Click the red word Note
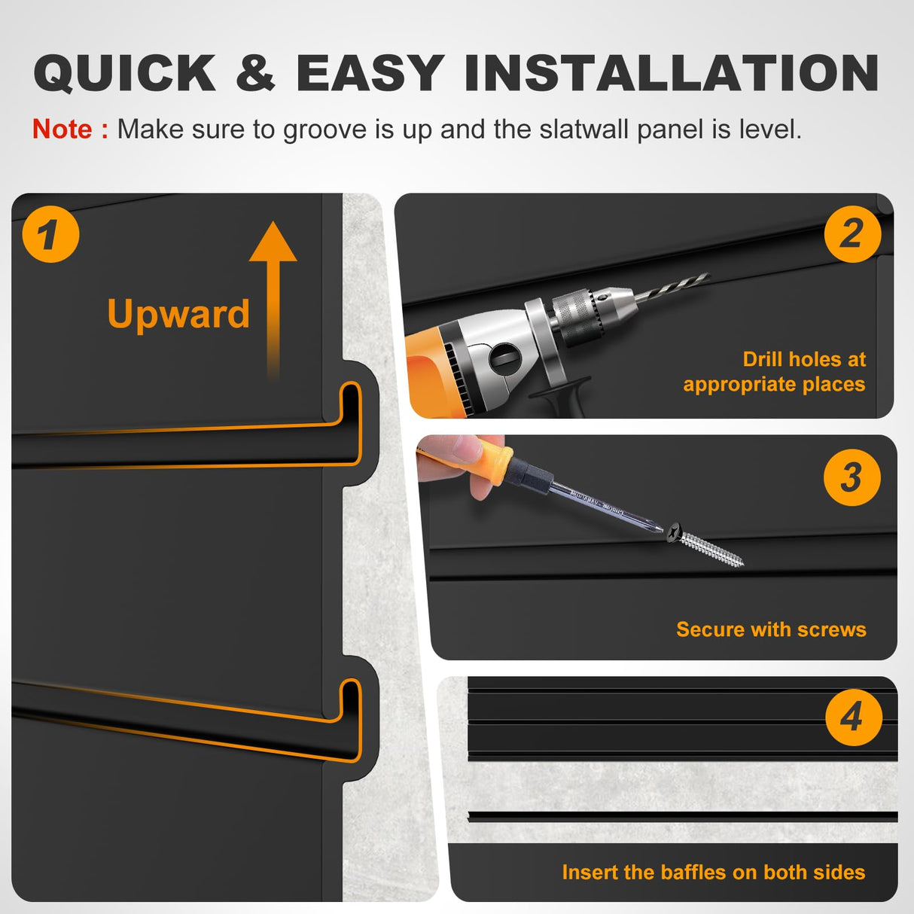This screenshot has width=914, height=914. click(62, 129)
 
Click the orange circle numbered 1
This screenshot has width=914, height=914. click(50, 234)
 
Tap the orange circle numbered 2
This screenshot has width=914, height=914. click(852, 234)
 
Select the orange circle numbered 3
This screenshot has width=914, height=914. click(852, 477)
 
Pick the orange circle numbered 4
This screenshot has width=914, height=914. click(853, 717)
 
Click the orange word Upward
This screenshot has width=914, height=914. click(178, 315)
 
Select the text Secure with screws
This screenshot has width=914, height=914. click(771, 629)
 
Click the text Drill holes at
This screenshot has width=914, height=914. click(804, 359)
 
